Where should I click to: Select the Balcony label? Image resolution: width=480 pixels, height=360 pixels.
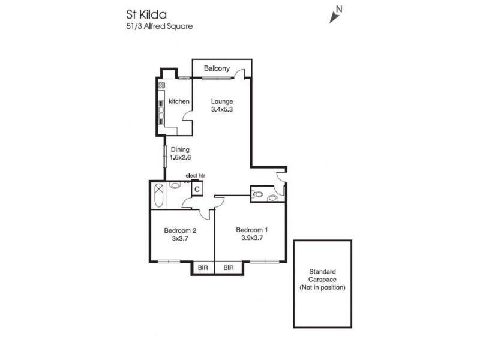[x=217, y=69]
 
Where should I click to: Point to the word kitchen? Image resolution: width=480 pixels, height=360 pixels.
[x=179, y=101]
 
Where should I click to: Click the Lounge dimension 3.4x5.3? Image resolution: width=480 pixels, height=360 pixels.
[x=222, y=110]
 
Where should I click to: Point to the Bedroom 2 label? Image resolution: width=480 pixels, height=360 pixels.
[x=181, y=230]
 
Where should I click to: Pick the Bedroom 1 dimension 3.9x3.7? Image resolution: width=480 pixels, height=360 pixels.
[x=250, y=238]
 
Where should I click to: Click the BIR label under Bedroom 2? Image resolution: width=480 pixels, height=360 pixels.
[x=203, y=268]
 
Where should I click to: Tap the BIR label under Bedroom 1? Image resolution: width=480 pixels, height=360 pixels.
[x=228, y=268]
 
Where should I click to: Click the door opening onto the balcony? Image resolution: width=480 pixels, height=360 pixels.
[x=239, y=75]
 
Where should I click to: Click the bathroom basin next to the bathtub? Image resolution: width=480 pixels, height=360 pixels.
[x=175, y=186]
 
